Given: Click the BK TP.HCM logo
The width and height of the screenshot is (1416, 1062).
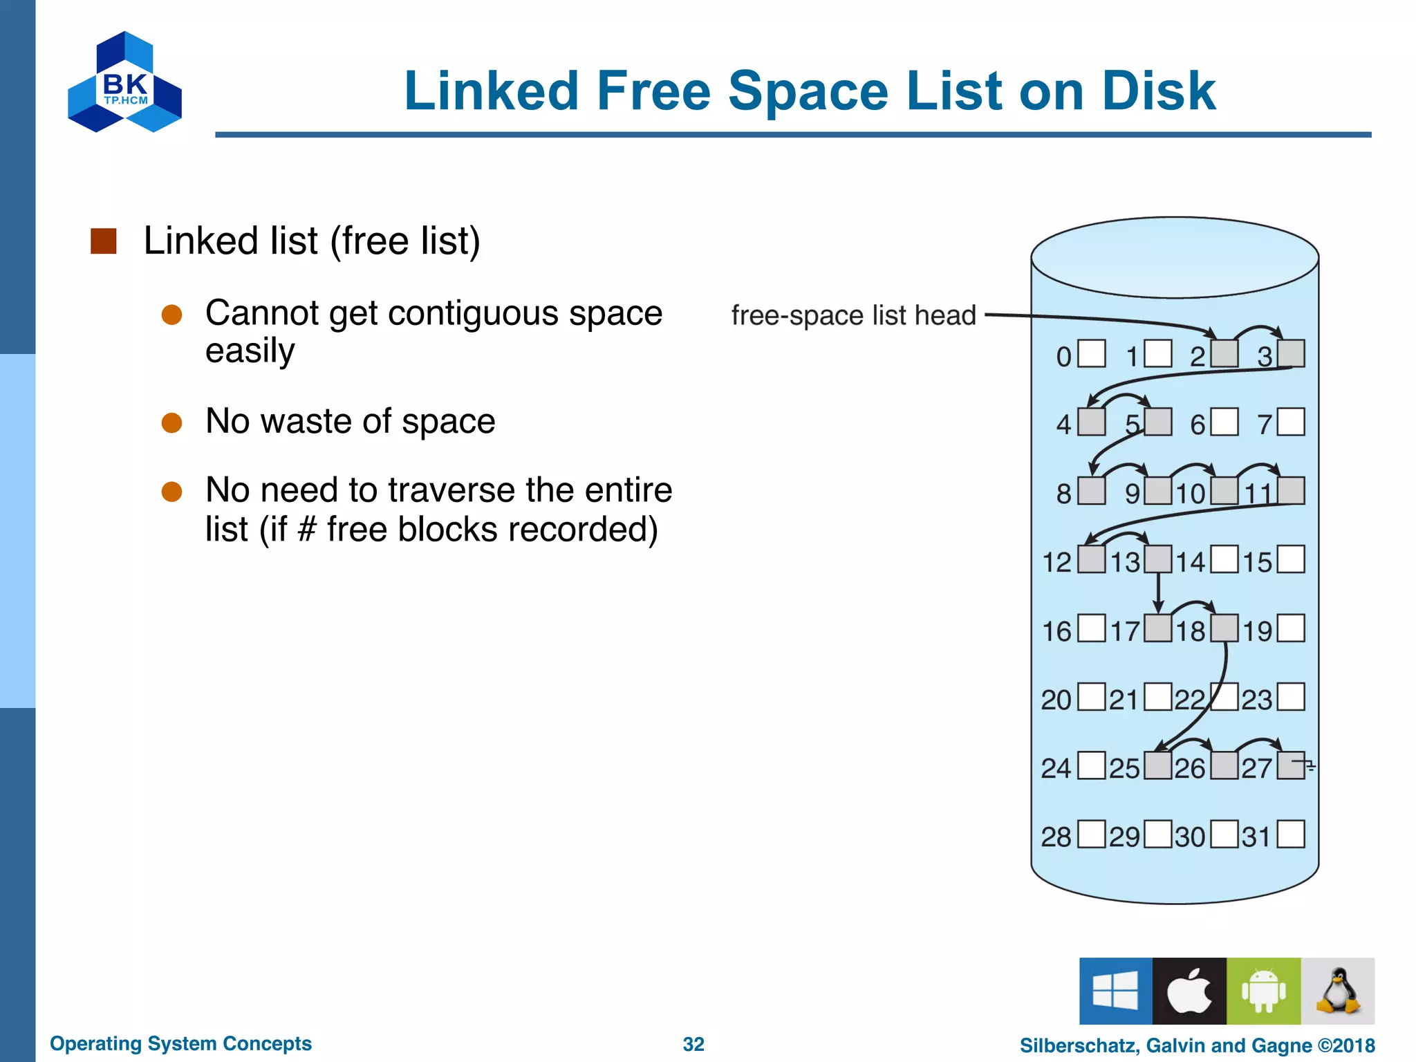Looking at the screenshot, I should click(125, 82).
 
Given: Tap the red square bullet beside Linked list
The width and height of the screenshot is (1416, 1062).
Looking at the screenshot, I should click(104, 241).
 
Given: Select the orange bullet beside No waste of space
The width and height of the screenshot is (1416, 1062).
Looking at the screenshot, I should click(171, 422).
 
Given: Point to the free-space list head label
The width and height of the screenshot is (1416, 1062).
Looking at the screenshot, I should click(853, 315).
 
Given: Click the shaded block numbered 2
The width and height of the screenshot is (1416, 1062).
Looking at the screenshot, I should click(1224, 354).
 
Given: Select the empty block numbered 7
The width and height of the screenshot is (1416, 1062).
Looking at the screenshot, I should click(1291, 422).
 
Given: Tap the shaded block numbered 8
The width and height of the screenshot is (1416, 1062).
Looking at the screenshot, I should click(1092, 491).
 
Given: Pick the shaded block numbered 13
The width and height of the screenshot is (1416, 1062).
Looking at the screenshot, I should click(1158, 559).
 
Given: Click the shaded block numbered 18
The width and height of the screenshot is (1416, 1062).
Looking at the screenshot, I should click(1224, 628).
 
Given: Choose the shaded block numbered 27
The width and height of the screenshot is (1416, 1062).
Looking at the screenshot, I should click(1290, 765).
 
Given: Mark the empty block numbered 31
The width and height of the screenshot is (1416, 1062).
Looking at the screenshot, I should click(1291, 834).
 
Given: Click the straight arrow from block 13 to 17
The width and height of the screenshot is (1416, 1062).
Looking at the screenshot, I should click(1158, 593).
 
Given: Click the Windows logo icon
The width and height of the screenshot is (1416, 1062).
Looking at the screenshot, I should click(1116, 991).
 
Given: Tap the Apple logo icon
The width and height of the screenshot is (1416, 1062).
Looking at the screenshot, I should click(1189, 991).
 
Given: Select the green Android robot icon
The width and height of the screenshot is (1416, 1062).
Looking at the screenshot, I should click(1263, 991).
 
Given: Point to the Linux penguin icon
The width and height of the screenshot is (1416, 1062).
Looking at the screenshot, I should click(1338, 991).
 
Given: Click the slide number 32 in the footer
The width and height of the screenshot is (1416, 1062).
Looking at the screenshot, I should click(693, 1044).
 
